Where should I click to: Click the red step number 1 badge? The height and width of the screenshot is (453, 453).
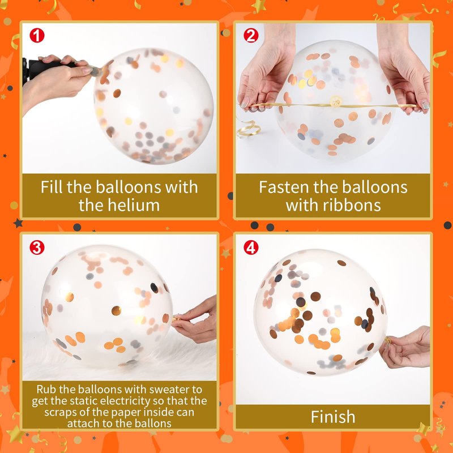37,36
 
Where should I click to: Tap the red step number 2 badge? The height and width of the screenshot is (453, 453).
251,36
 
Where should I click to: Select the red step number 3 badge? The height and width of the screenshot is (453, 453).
37,247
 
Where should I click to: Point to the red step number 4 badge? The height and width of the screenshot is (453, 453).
251,247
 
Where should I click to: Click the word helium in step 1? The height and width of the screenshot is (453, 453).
134,205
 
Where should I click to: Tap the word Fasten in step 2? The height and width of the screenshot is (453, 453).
284,187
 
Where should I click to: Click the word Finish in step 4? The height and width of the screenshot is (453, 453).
333,417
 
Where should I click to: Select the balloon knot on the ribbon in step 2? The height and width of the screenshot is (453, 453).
336,101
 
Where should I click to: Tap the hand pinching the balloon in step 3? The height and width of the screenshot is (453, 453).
195,320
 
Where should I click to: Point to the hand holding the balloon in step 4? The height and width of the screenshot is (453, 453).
407,347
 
